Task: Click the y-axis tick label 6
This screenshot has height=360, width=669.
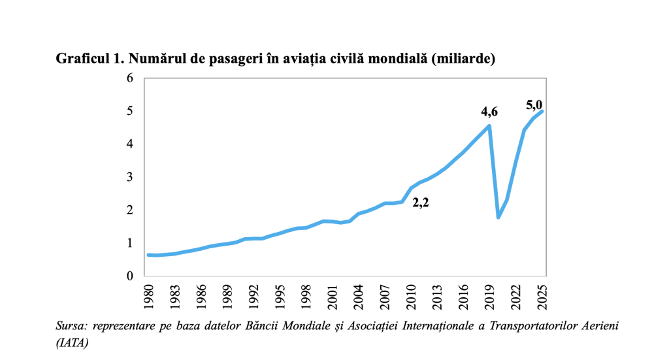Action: point(129,78)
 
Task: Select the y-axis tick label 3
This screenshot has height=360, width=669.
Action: point(129,177)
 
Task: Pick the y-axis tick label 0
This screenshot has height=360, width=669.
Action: point(129,276)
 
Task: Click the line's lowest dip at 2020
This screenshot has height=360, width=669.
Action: point(498,217)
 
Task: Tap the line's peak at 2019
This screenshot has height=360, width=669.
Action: point(489,125)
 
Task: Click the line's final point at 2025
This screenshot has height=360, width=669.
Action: point(542,111)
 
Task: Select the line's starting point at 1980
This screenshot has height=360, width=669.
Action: point(148,255)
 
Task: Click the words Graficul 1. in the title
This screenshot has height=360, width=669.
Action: point(91,59)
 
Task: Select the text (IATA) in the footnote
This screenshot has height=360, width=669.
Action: point(73,341)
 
